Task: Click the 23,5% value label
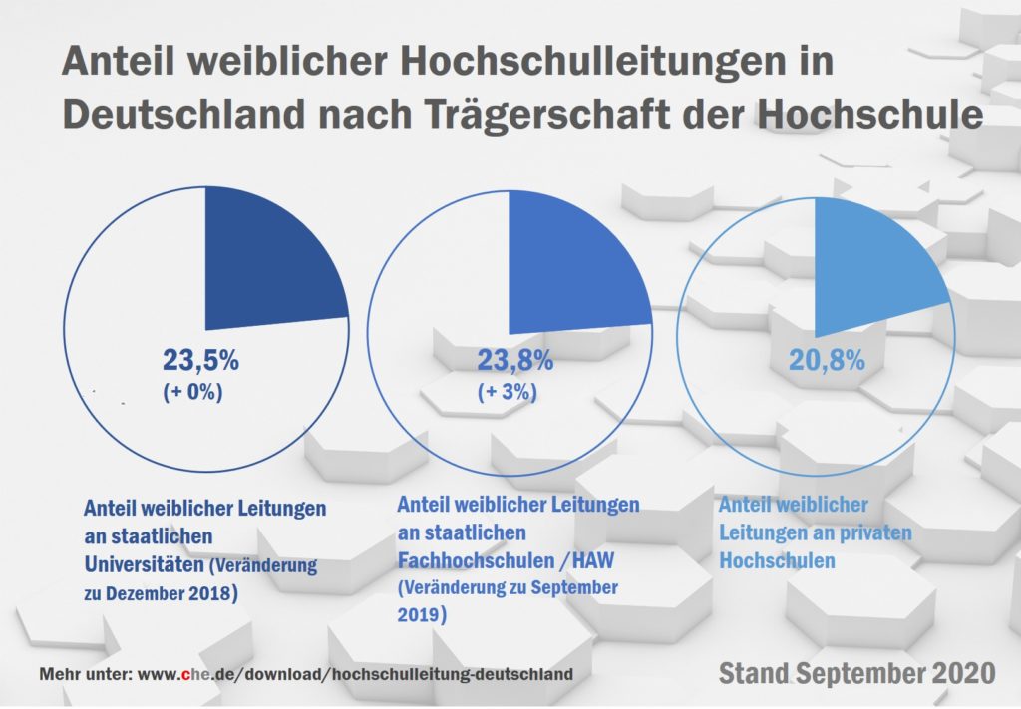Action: (x=200, y=360)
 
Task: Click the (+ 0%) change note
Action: (x=192, y=392)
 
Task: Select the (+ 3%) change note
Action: (x=508, y=392)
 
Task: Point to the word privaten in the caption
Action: (x=873, y=533)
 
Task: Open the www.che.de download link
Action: (x=354, y=674)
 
